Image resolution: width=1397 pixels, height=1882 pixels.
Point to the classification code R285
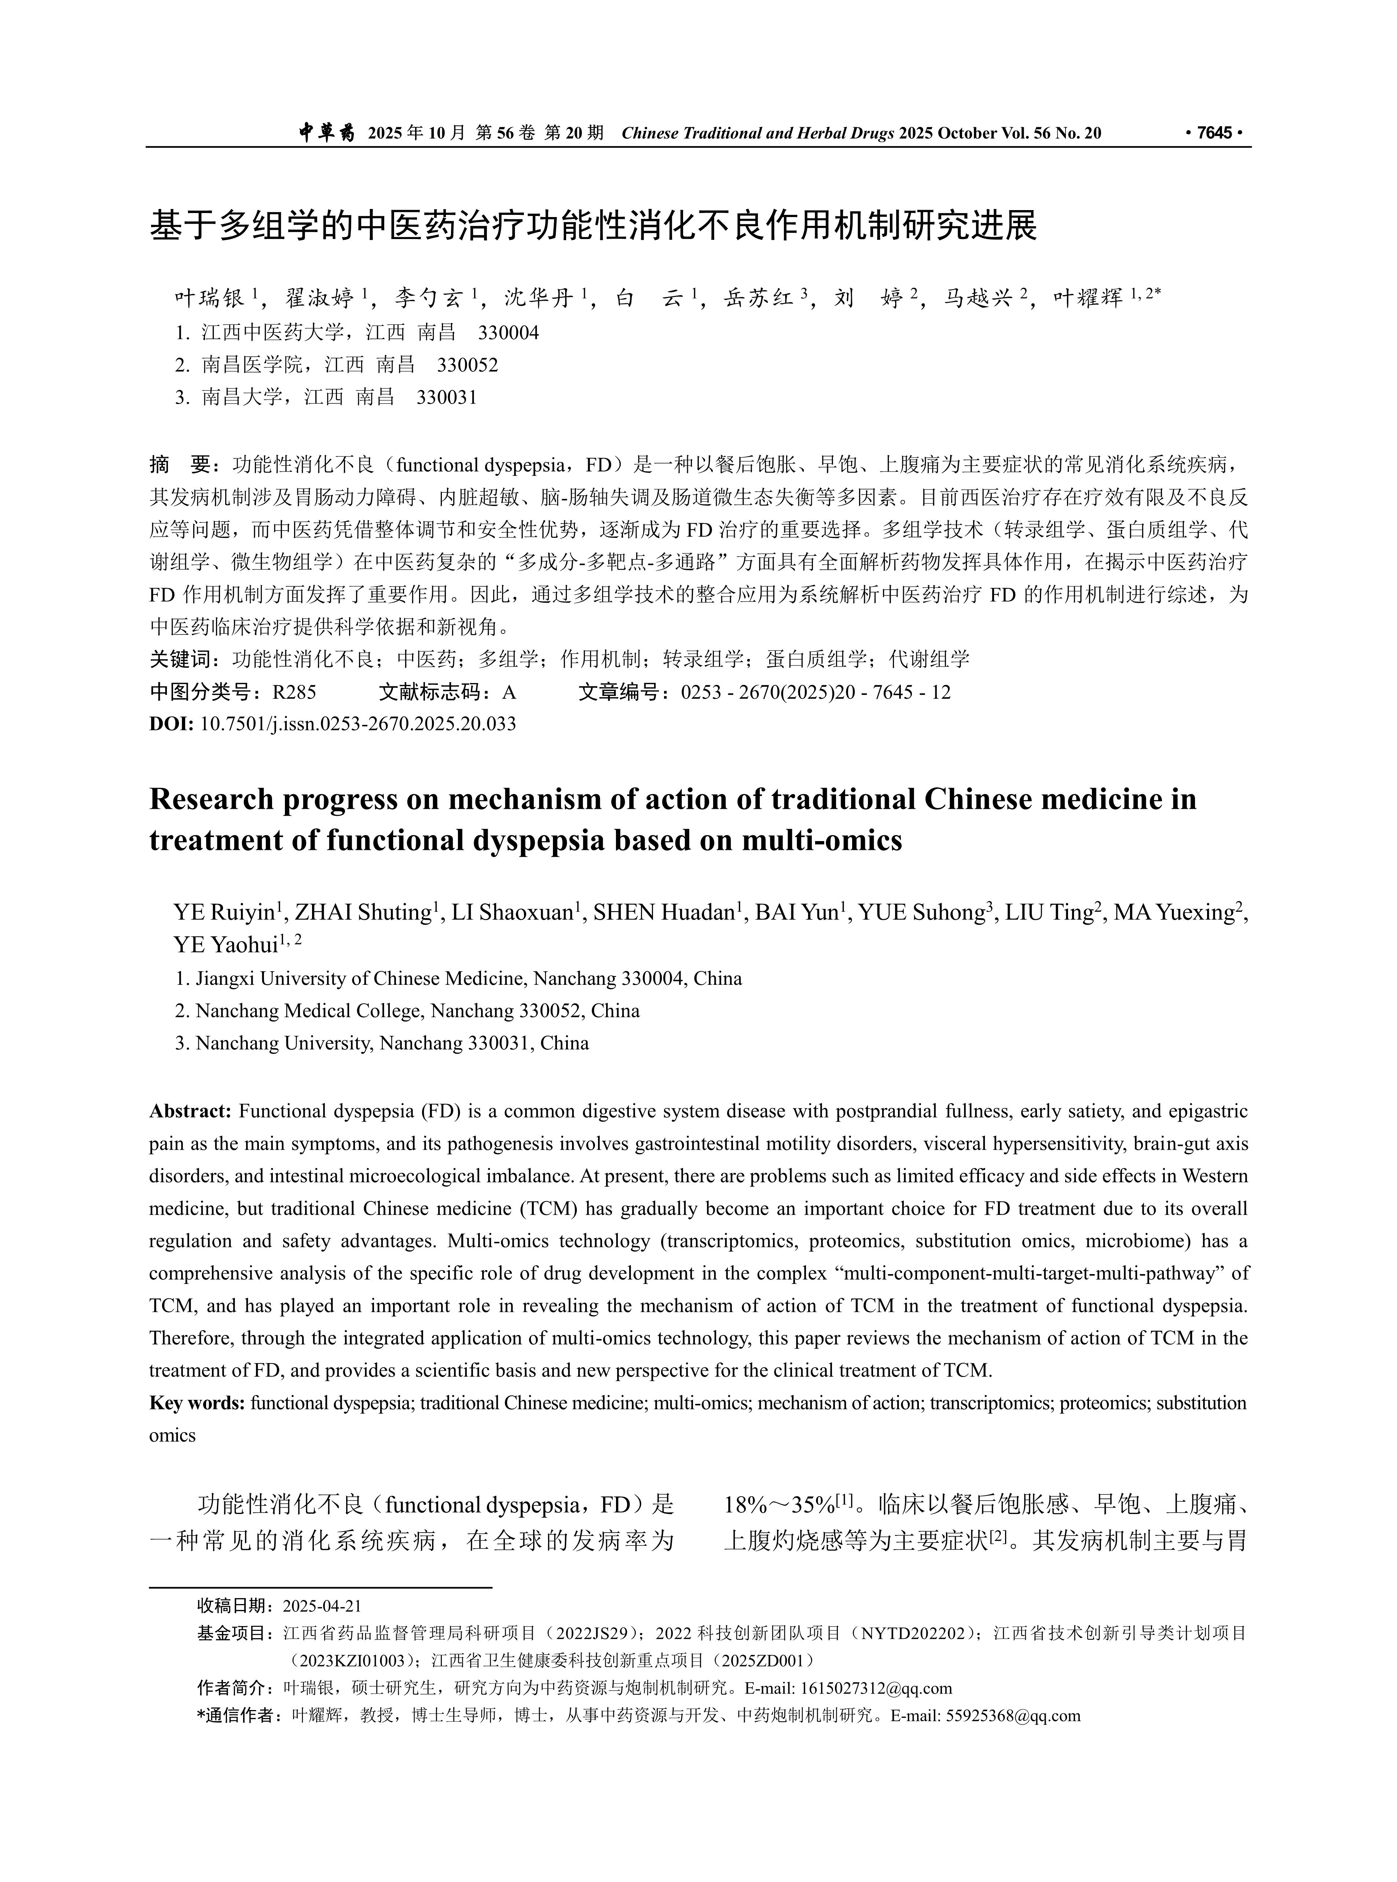pos(294,693)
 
